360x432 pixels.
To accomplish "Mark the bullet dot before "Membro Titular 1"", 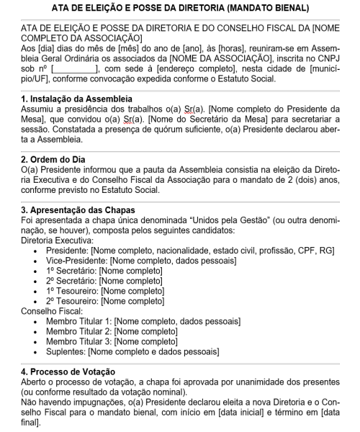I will pyautogui.click(x=37, y=321).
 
